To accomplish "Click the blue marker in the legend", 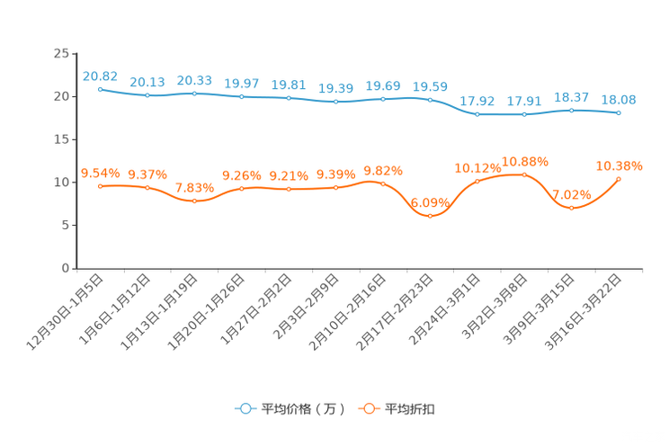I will tap(245, 408).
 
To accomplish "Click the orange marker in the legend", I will tap(369, 408).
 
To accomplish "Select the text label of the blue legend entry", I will tap(303, 409).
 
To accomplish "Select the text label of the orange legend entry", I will tap(411, 409).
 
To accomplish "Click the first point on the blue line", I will tap(100, 89).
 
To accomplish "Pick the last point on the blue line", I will tap(619, 113).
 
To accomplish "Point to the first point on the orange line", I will tap(100, 186).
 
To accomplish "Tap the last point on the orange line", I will tap(619, 179).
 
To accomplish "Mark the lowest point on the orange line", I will tap(430, 216).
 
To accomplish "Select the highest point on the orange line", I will tap(524, 174).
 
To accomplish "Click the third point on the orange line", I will tap(194, 201).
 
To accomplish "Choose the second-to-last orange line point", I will tap(572, 208).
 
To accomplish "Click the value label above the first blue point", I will tap(100, 76).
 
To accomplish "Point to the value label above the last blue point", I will tap(619, 99).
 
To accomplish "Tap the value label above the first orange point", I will tap(100, 173).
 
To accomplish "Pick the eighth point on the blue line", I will tap(430, 99).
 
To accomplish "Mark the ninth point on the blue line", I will tap(477, 115).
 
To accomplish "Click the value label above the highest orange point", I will tap(525, 161).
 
